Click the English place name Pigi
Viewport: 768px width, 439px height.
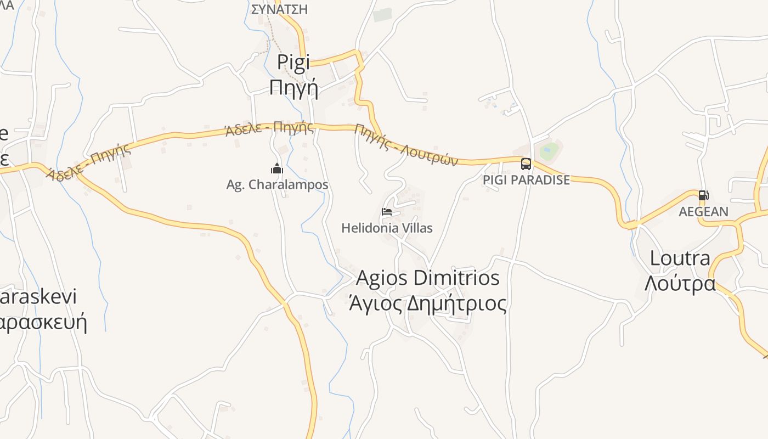293,62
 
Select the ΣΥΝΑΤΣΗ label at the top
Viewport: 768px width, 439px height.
279,9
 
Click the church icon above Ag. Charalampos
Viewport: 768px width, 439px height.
277,168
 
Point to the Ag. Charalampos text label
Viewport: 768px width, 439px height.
277,185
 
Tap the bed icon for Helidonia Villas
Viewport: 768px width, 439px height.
387,212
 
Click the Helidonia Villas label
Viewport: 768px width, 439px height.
387,228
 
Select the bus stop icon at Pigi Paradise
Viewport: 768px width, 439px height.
526,164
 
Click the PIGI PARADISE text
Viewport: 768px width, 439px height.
526,180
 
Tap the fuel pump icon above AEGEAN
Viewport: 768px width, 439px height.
703,195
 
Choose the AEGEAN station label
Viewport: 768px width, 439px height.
703,212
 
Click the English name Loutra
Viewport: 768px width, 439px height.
680,258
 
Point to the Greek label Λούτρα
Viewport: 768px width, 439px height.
680,283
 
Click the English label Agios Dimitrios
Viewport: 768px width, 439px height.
428,278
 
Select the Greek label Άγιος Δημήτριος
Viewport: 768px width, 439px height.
428,303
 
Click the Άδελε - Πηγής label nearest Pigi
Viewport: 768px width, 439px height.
269,129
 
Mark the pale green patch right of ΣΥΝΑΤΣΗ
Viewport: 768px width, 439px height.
382,15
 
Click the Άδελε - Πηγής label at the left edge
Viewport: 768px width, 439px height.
89,162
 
